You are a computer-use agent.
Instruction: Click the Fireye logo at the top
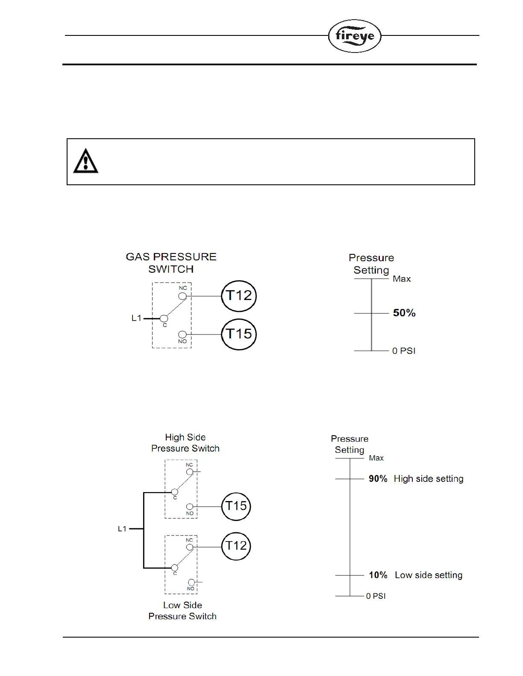coord(354,36)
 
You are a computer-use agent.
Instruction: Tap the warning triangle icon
coord(86,161)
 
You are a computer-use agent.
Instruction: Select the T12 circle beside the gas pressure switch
coord(238,296)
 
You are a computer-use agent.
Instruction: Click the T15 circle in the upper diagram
coord(238,334)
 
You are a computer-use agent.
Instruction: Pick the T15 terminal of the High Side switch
coord(236,507)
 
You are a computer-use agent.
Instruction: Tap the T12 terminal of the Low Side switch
coord(236,546)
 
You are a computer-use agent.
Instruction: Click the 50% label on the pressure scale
coord(404,313)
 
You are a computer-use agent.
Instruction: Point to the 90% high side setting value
coord(378,479)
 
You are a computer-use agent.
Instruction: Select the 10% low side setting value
coord(378,575)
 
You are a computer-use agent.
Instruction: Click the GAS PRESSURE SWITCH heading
coord(171,263)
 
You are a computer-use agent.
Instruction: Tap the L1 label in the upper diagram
coord(136,318)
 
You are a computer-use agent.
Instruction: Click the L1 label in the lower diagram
coord(123,529)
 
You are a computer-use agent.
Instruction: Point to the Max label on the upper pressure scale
coord(402,279)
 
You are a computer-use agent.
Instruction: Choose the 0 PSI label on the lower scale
coord(376,596)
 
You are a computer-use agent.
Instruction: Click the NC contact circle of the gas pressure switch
coord(182,296)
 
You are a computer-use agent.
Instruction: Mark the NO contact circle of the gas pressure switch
coord(182,335)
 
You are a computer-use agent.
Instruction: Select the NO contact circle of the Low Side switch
coord(191,582)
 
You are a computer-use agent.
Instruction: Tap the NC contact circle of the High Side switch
coord(190,472)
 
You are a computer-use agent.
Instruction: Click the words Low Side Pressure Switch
coord(182,611)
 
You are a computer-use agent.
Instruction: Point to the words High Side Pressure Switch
coord(185,443)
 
